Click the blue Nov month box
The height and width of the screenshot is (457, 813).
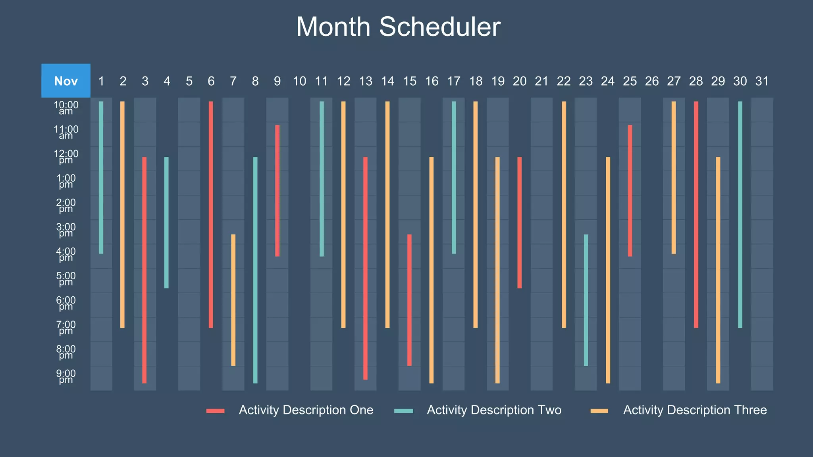point(66,81)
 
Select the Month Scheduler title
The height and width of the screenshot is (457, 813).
point(398,27)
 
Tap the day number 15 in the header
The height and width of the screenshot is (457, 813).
point(410,81)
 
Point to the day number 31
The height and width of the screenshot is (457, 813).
point(762,81)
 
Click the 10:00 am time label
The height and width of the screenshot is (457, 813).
point(66,108)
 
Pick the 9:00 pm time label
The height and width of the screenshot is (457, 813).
point(66,376)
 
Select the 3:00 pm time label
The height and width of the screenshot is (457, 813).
point(66,230)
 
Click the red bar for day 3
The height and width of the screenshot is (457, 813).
point(144,270)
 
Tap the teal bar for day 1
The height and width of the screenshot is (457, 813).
point(101,177)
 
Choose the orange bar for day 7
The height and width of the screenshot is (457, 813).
point(233,300)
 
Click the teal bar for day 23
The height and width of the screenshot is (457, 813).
point(586,300)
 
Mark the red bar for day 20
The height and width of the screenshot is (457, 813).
point(520,222)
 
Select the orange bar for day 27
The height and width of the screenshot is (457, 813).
point(674,177)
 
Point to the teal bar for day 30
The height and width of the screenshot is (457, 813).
point(740,214)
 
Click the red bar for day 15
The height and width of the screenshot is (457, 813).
point(409,300)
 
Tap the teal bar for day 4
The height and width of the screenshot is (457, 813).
point(167,222)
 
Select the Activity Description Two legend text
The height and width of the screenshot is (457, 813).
point(494,410)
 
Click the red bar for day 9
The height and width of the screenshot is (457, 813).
point(277,190)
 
